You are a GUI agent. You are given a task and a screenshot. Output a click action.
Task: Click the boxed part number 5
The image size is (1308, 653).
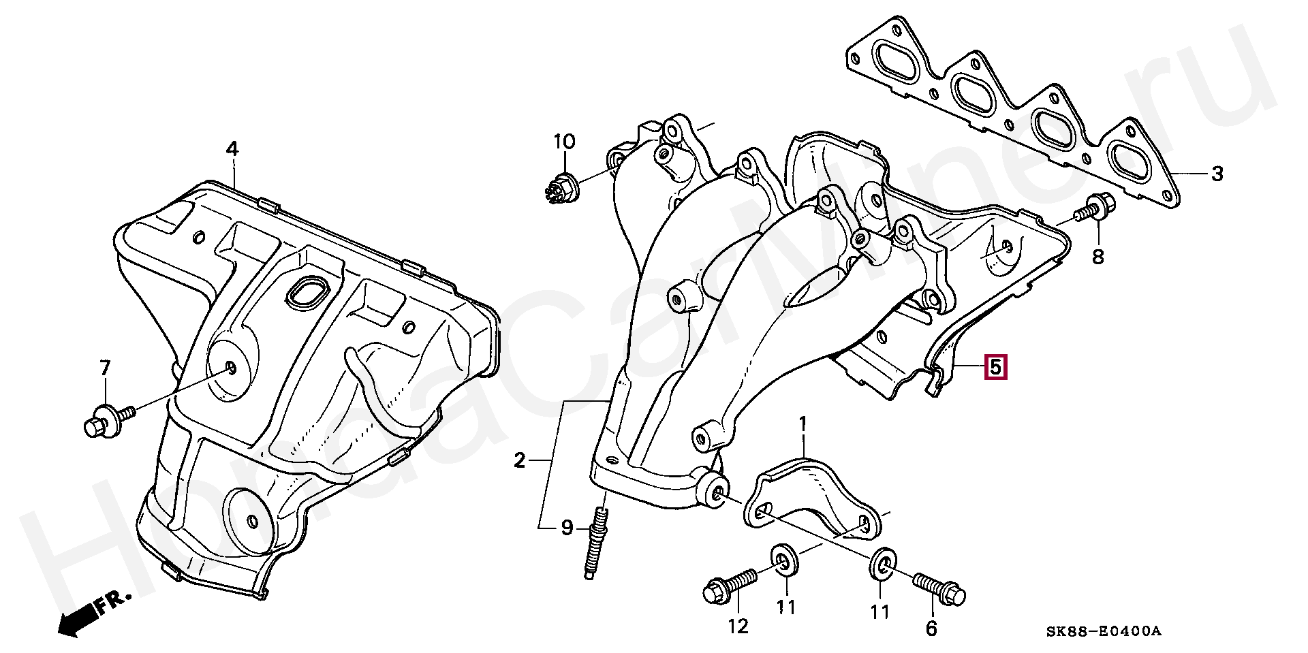[995, 367]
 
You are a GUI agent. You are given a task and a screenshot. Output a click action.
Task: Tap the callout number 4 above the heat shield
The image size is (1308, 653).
[232, 148]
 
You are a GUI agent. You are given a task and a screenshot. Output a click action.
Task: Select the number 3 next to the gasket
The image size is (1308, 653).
[1217, 174]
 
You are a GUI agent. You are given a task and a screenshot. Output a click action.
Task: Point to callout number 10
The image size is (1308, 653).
[564, 142]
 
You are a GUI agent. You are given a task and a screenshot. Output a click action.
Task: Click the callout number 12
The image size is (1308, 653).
[738, 626]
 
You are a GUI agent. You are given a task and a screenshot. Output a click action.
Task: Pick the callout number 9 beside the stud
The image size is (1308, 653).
[567, 528]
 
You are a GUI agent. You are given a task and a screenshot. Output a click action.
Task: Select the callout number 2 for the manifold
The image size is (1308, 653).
[520, 461]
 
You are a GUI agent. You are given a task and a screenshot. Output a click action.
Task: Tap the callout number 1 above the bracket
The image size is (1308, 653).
[803, 425]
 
